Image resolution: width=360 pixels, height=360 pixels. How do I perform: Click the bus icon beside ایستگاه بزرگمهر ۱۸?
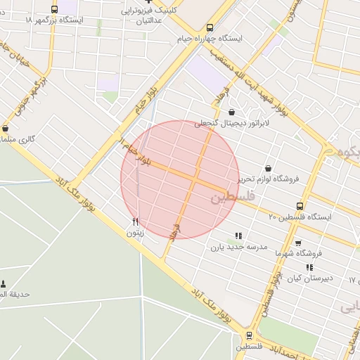click(x=55, y=10)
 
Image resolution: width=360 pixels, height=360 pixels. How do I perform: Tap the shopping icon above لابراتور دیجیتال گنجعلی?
click(x=231, y=111)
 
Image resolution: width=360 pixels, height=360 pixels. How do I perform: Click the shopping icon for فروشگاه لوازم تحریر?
click(x=269, y=168)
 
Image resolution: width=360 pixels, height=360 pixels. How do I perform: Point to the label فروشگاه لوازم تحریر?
click(x=267, y=179)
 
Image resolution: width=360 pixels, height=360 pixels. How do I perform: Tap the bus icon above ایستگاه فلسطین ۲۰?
click(x=300, y=206)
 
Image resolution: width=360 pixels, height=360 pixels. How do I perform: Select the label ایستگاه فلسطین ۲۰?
click(x=300, y=217)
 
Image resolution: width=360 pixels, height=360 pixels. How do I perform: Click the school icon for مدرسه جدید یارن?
click(x=238, y=236)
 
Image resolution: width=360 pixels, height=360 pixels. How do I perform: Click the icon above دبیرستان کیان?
click(x=309, y=267)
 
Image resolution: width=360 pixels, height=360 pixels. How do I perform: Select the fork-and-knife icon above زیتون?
click(x=135, y=221)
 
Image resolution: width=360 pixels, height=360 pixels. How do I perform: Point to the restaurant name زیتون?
click(x=135, y=231)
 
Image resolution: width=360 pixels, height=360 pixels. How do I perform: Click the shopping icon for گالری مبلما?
click(x=6, y=129)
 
